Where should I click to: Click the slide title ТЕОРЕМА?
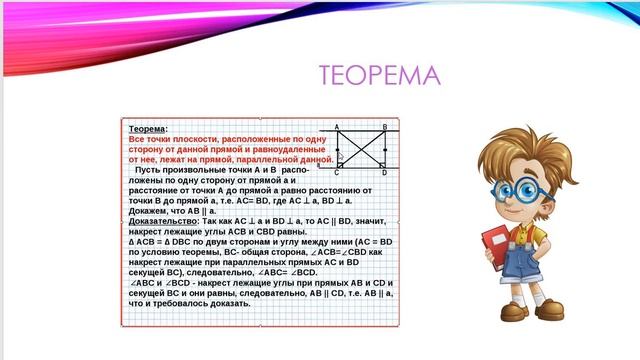[379, 76]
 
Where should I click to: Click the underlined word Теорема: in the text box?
[149, 129]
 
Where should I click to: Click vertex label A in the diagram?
[336, 127]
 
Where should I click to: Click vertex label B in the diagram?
[385, 127]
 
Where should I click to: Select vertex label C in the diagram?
[336, 172]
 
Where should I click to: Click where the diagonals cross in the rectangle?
[361, 149]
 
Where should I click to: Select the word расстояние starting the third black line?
[156, 189]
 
